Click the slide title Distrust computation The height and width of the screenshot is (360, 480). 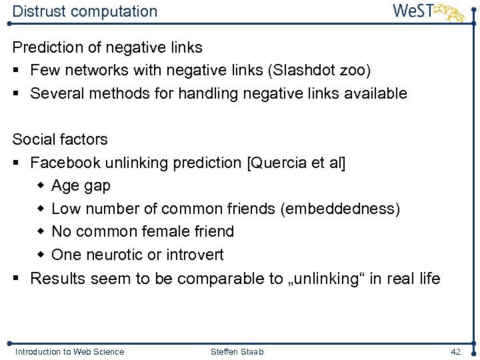point(85,11)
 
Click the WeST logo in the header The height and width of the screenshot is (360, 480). point(427,11)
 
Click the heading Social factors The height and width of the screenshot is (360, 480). point(60,139)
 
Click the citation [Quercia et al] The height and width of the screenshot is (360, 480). point(296,163)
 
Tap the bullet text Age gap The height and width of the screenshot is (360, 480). point(81,186)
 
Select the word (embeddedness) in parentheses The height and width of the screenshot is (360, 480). point(341,209)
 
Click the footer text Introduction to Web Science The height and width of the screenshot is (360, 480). point(69,351)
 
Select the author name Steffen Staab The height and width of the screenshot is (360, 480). point(237,351)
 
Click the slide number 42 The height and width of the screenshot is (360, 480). point(456,351)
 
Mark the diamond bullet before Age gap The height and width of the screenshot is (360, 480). point(41,186)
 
